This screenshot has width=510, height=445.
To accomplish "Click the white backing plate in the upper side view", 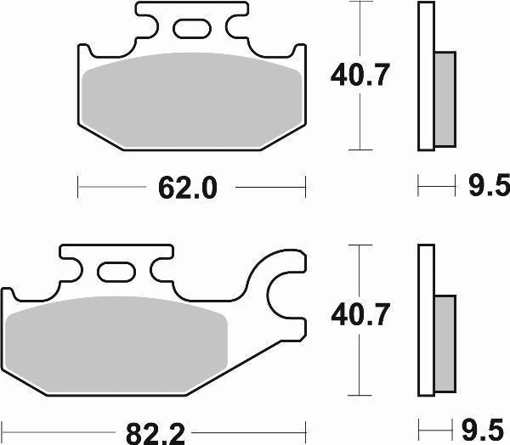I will [x=425, y=76].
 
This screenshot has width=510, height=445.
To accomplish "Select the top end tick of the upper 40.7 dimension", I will [x=362, y=3].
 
